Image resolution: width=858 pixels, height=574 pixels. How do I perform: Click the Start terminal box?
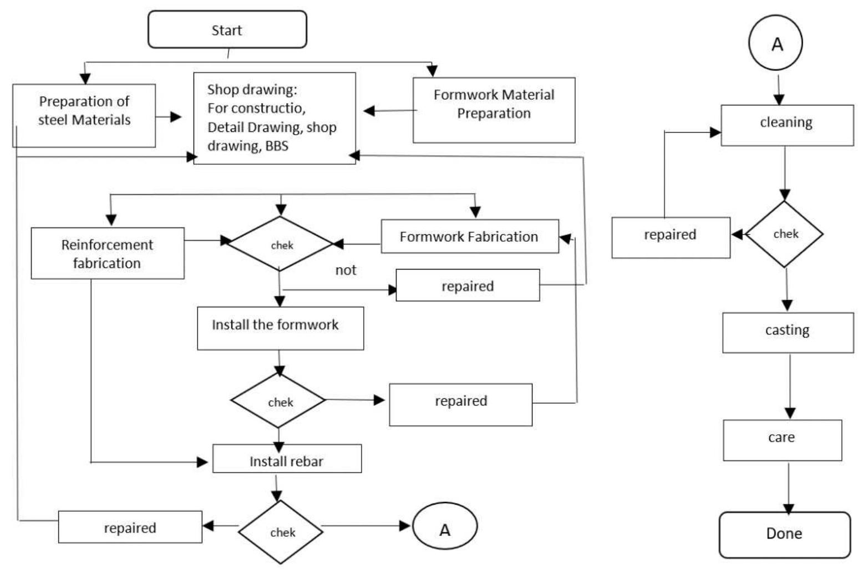(x=227, y=30)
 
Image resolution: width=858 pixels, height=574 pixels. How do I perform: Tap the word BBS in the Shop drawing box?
(x=276, y=146)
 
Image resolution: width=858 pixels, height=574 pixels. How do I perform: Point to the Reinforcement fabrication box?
(x=107, y=253)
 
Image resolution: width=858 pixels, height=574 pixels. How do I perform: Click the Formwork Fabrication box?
(x=469, y=237)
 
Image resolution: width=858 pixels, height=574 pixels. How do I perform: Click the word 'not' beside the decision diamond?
(x=346, y=270)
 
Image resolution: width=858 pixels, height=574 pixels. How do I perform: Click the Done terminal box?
(x=784, y=534)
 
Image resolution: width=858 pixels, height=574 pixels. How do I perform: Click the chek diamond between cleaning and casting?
(x=784, y=235)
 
